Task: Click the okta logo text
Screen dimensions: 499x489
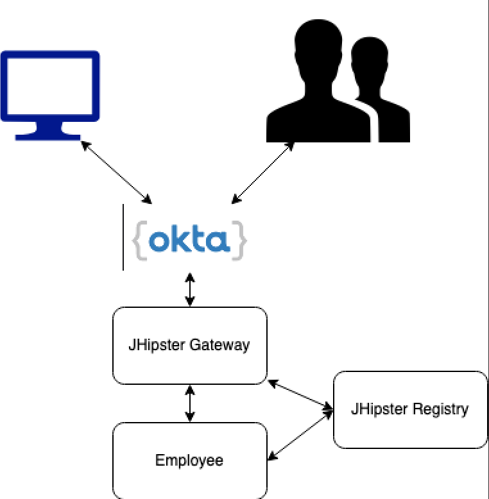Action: point(189,241)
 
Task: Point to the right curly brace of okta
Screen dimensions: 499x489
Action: point(239,241)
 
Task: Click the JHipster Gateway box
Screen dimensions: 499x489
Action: point(189,345)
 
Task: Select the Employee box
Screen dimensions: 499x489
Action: point(189,460)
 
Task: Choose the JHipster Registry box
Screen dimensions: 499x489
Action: point(410,409)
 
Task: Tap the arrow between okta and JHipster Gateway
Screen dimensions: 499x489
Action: point(189,289)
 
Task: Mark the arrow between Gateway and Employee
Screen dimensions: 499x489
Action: point(189,403)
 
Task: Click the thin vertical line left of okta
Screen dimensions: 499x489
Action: point(123,237)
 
